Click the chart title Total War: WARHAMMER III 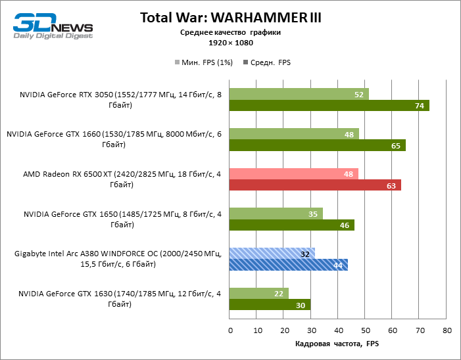tap(230, 18)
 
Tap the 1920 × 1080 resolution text tap(230, 42)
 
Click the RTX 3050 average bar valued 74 tap(329, 106)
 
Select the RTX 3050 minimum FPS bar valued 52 tap(299, 94)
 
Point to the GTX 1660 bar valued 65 tap(317, 145)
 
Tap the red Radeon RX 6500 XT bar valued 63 tap(314, 185)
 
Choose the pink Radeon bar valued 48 tap(293, 173)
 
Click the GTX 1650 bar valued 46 tap(291, 225)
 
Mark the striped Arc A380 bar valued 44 tap(288, 265)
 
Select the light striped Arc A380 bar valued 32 tap(272, 253)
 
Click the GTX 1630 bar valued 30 tap(270, 305)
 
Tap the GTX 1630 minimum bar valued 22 tap(258, 293)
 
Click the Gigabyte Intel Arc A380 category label tap(118, 259)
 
